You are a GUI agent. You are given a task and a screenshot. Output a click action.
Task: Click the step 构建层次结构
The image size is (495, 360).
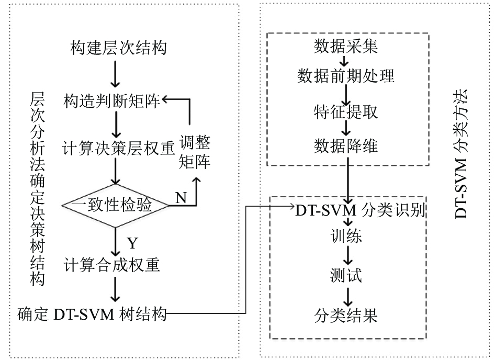click(x=118, y=48)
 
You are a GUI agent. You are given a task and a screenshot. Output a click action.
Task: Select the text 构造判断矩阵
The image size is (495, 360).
click(x=112, y=101)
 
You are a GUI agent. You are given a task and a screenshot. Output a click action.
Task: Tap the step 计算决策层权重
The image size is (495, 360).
click(x=118, y=148)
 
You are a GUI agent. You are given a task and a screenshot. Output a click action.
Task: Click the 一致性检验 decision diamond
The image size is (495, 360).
click(x=115, y=205)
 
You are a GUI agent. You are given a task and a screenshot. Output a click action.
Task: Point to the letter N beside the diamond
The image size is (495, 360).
click(x=181, y=198)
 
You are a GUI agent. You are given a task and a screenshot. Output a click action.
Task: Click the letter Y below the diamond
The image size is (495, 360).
click(x=132, y=243)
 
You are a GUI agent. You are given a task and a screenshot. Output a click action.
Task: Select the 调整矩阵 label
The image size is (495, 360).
click(x=195, y=152)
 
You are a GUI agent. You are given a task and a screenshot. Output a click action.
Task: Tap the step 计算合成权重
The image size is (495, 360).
click(x=112, y=265)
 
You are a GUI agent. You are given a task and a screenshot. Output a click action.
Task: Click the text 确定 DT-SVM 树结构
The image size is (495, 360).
click(x=92, y=314)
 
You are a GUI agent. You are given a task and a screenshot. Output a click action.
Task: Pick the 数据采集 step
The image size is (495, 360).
click(x=346, y=47)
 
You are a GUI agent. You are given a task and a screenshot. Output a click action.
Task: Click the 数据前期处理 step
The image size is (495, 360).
click(x=346, y=76)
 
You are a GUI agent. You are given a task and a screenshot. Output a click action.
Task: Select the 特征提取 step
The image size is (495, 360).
click(x=346, y=112)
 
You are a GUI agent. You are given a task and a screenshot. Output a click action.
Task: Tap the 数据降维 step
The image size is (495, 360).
click(x=346, y=146)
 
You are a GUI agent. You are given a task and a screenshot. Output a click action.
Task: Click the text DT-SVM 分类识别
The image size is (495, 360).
click(x=361, y=210)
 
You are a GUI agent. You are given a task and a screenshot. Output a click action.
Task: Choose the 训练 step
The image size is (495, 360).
click(x=346, y=235)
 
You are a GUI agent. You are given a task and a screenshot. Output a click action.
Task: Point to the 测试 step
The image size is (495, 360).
click(x=346, y=275)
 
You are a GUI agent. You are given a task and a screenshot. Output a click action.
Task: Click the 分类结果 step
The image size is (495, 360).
click(x=346, y=316)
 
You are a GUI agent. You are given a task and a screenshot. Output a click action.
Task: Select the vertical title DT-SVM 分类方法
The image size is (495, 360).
click(x=461, y=154)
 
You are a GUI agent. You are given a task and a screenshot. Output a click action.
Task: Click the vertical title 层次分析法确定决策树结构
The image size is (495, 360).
click(x=37, y=189)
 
